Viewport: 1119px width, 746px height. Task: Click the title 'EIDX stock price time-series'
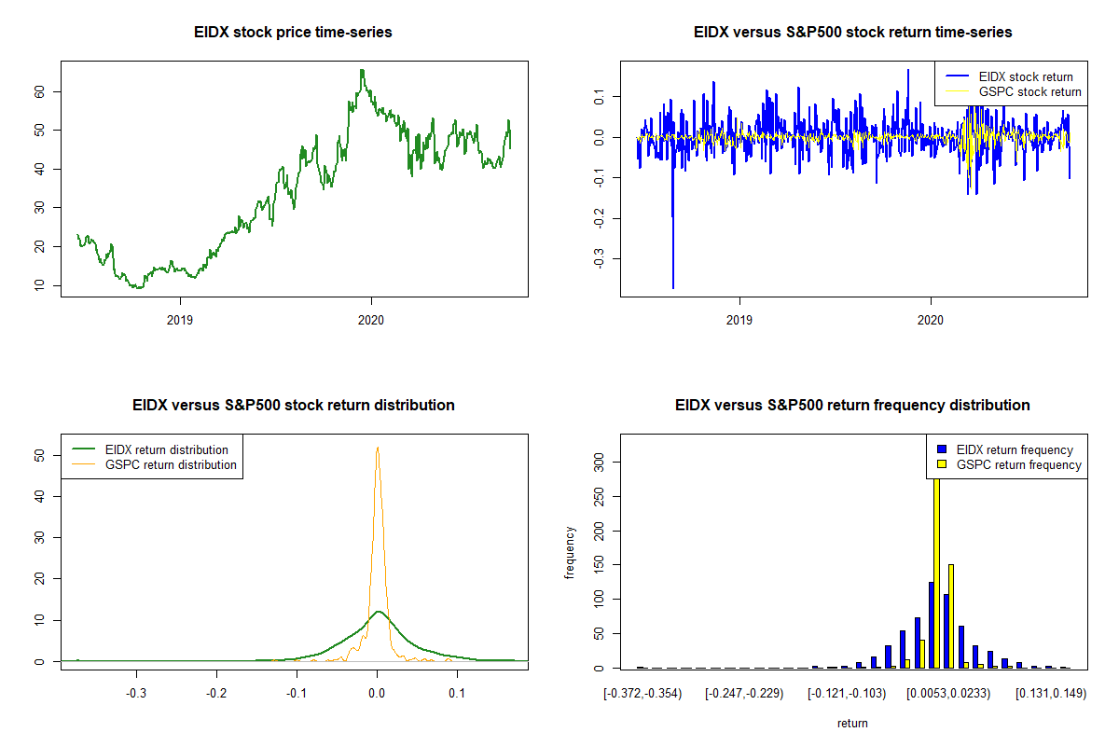pos(293,33)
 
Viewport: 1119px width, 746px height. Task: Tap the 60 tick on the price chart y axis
pos(41,91)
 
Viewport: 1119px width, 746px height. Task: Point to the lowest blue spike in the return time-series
pos(672,286)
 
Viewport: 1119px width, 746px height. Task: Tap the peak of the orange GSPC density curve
pos(377,448)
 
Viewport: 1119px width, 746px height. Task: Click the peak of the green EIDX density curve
pos(378,612)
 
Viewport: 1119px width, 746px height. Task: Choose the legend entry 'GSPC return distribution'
pos(171,464)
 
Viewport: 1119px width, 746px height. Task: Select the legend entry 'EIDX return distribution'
pos(167,449)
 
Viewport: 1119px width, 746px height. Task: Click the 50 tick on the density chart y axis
pos(41,455)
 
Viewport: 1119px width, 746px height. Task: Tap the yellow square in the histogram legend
pos(942,464)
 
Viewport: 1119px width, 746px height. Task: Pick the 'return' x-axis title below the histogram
pos(852,723)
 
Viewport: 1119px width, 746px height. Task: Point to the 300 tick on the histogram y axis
pos(601,460)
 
